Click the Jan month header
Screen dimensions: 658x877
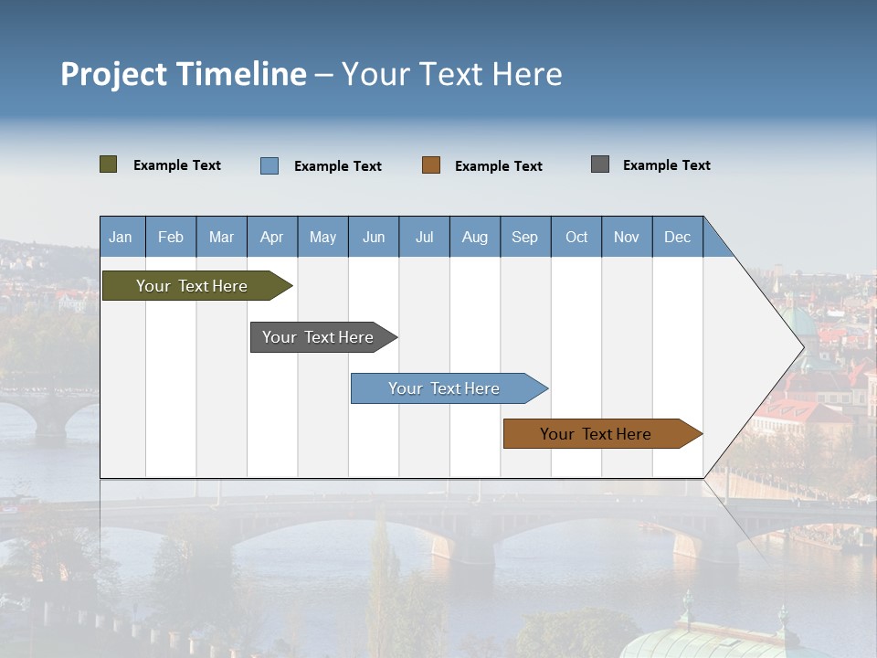pyautogui.click(x=122, y=237)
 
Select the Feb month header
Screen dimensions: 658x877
pyautogui.click(x=171, y=237)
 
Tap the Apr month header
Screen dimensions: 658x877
pyautogui.click(x=272, y=237)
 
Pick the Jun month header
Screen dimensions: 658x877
pyautogui.click(x=374, y=237)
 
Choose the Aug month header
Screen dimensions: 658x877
pyautogui.click(x=475, y=237)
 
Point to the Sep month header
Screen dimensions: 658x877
pyautogui.click(x=525, y=237)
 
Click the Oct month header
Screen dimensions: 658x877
pyautogui.click(x=576, y=237)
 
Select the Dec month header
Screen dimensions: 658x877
pyautogui.click(x=678, y=237)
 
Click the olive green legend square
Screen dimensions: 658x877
pyautogui.click(x=109, y=164)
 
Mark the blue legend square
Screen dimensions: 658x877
pyautogui.click(x=269, y=165)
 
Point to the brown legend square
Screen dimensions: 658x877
pyautogui.click(x=431, y=165)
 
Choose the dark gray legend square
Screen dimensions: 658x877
pyautogui.click(x=600, y=164)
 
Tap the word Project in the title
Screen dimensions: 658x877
pyautogui.click(x=114, y=74)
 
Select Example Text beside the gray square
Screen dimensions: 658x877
pyautogui.click(x=666, y=165)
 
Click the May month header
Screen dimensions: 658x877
pyautogui.click(x=322, y=237)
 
